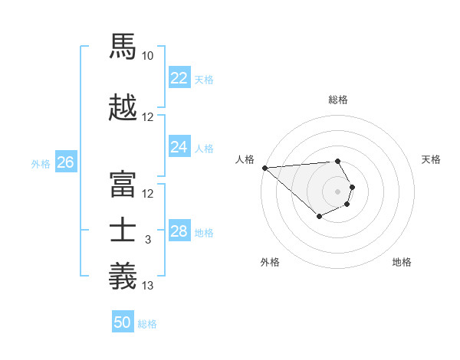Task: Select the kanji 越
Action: pos(123,107)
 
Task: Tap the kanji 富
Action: pos(123,183)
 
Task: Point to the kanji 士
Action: pos(123,230)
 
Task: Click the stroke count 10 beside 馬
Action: pos(148,56)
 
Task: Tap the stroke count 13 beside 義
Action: pos(148,286)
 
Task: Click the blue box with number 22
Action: pos(179,78)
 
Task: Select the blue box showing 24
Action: pos(179,147)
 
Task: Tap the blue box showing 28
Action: pos(179,231)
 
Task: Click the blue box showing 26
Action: pos(65,162)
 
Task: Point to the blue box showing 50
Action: pos(123,322)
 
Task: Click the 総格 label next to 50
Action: pos(147,324)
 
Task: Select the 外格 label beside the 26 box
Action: pos(41,163)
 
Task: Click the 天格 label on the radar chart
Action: pos(432,159)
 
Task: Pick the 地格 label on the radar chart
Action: pos(402,262)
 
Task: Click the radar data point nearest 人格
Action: pos(264,168)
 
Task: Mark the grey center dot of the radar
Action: pos(337,191)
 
